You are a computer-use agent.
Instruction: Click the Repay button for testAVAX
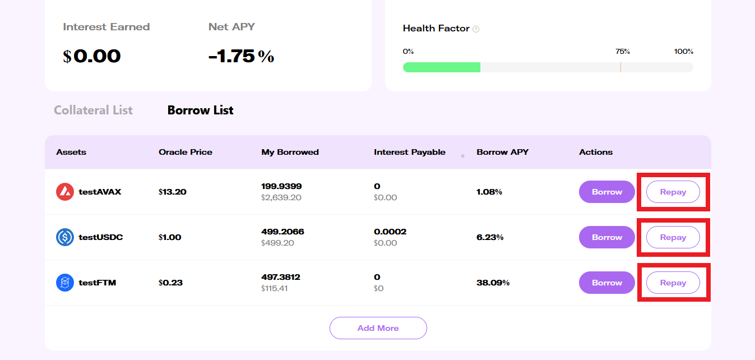pyautogui.click(x=673, y=192)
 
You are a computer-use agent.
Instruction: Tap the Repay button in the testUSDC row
pyautogui.click(x=673, y=237)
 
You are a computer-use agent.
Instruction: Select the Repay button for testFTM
pyautogui.click(x=673, y=283)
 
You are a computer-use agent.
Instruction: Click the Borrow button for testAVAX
pyautogui.click(x=606, y=192)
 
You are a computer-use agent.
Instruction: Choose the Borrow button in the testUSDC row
pyautogui.click(x=606, y=237)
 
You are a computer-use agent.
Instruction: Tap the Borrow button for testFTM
pyautogui.click(x=606, y=283)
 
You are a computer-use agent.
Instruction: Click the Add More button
pyautogui.click(x=378, y=328)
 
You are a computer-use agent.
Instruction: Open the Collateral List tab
pyautogui.click(x=93, y=110)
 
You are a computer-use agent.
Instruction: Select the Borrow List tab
pyautogui.click(x=200, y=110)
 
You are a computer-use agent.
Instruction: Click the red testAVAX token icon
pyautogui.click(x=65, y=192)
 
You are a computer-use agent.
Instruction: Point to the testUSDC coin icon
pyautogui.click(x=65, y=237)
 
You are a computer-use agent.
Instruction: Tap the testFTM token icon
pyautogui.click(x=65, y=283)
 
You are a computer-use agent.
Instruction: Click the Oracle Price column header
pyautogui.click(x=185, y=152)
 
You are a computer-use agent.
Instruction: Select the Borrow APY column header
pyautogui.click(x=502, y=152)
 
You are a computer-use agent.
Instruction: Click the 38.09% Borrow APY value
pyautogui.click(x=493, y=283)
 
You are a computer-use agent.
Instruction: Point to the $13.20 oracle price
pyautogui.click(x=172, y=192)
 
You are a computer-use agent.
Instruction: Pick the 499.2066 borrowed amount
pyautogui.click(x=282, y=232)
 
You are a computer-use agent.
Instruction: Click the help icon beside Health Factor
pyautogui.click(x=476, y=29)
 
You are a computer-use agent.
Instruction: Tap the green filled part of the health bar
pyautogui.click(x=441, y=67)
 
